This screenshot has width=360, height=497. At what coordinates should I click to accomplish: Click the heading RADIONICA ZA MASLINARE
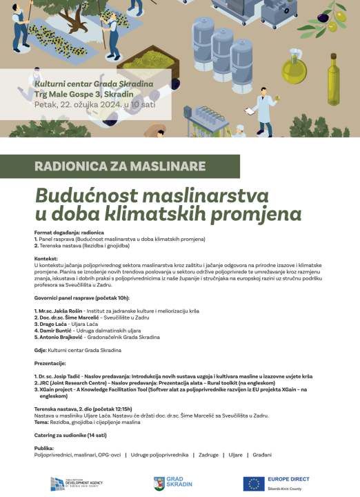(120, 166)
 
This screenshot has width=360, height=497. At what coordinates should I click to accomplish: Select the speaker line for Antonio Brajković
(97, 337)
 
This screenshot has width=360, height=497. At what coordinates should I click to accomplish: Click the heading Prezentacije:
(50, 362)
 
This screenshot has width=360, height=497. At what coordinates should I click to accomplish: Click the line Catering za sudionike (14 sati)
(71, 435)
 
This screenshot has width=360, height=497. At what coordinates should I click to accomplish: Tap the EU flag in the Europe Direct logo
(254, 484)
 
